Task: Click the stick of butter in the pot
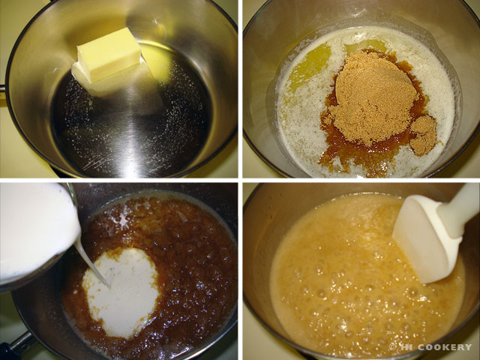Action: tap(109, 61)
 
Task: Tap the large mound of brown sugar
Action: tap(373, 98)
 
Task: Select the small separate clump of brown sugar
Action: tap(423, 135)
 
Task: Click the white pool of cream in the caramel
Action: tap(122, 292)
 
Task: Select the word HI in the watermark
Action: tap(405, 346)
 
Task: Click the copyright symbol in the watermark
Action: tap(392, 346)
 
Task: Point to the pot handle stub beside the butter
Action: tap(2, 88)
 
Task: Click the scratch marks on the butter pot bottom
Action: tap(95, 163)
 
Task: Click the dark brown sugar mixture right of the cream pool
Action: tap(196, 275)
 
